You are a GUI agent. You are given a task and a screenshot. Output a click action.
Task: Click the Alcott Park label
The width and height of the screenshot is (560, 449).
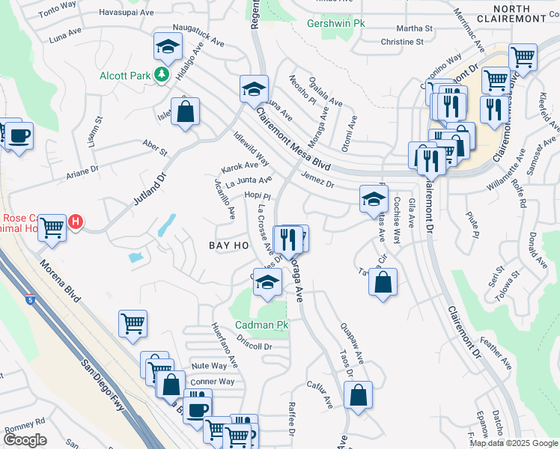[x=124, y=75]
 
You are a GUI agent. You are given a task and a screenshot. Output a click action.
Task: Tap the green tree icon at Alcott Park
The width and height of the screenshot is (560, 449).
[x=160, y=74]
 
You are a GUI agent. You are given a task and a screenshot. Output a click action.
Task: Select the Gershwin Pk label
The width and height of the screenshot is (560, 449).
[x=336, y=23]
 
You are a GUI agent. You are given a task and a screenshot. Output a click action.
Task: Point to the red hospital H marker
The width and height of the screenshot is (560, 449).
[x=76, y=222]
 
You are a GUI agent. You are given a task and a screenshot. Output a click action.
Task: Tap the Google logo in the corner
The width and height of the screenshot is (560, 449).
[x=25, y=440]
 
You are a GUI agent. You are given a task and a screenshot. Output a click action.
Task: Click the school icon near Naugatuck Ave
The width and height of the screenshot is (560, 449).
[x=168, y=46]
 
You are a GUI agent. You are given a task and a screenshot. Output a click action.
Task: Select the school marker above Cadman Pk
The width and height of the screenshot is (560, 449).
[x=266, y=283]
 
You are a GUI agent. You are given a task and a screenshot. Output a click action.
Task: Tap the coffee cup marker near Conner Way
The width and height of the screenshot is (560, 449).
[x=198, y=409]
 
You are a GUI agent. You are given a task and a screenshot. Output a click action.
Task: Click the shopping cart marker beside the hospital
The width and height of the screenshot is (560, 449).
[x=52, y=226]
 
